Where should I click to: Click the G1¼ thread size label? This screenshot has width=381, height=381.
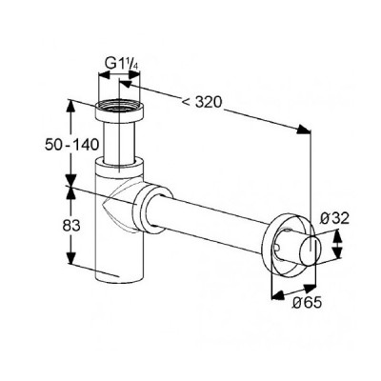point(123,64)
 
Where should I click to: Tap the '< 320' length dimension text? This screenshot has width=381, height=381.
point(202,102)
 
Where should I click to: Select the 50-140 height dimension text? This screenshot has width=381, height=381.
point(71,146)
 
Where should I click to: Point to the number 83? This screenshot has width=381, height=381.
point(71,226)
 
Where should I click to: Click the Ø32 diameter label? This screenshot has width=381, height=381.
point(334,218)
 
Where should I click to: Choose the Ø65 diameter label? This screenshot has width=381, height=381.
point(307,303)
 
